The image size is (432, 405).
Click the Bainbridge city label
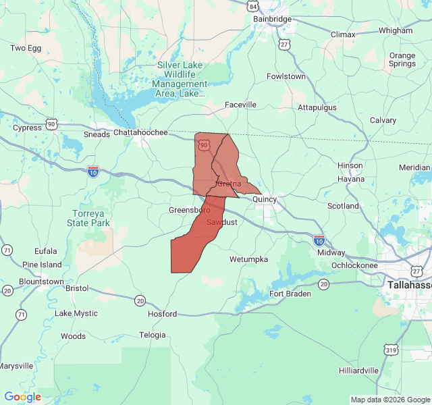pyautogui.click(x=272, y=20)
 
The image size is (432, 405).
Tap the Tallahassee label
pyautogui.click(x=410, y=286)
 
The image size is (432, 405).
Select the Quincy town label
pyautogui.click(x=265, y=200)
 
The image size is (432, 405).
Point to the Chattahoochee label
pyautogui.click(x=140, y=133)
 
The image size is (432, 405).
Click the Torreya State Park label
pyautogui.click(x=90, y=218)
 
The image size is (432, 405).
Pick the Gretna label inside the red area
pyautogui.click(x=229, y=184)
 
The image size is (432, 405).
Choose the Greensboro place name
pyautogui.click(x=190, y=211)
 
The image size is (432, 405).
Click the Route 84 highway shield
pyautogui.click(x=252, y=7)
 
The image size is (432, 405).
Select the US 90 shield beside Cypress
pyautogui.click(x=52, y=124)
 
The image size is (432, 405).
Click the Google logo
pyautogui.click(x=22, y=397)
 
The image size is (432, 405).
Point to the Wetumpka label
pyautogui.click(x=248, y=259)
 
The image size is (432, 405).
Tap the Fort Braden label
pyautogui.click(x=290, y=294)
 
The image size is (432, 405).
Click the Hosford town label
pyautogui.click(x=163, y=314)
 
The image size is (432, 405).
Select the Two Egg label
pyautogui.click(x=27, y=48)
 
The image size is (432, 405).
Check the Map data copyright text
pyautogui.click(x=390, y=400)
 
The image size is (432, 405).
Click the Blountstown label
pyautogui.click(x=41, y=281)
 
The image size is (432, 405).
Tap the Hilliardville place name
pyautogui.click(x=359, y=371)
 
